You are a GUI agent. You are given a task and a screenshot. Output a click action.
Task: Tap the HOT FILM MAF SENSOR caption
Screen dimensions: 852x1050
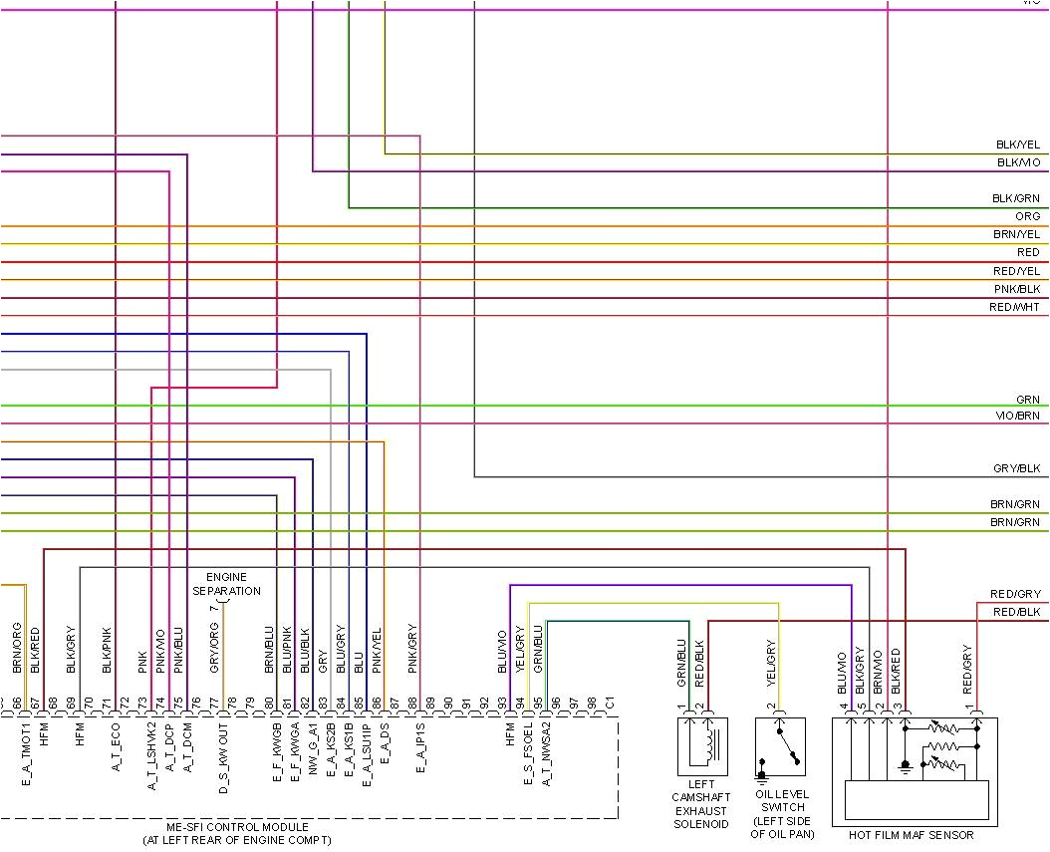tap(911, 835)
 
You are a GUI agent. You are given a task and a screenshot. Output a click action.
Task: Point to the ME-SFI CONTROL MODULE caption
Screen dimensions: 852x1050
tap(237, 834)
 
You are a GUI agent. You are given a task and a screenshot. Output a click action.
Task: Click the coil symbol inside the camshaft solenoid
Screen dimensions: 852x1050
tap(708, 740)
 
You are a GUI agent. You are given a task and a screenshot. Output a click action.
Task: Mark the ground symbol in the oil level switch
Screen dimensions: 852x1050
tap(763, 773)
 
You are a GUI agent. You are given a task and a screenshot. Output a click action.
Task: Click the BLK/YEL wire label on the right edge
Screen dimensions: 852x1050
tap(1017, 144)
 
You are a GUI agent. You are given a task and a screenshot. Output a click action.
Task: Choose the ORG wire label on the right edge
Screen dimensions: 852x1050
tap(1027, 216)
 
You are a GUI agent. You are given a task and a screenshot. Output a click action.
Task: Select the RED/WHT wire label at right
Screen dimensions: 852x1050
tap(1015, 307)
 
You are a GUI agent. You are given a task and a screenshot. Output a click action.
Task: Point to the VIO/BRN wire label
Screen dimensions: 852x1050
tap(1017, 416)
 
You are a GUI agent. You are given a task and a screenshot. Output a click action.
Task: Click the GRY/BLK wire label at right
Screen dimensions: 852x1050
tap(1017, 468)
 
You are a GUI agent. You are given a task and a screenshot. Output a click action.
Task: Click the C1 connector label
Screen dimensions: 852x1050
tap(610, 702)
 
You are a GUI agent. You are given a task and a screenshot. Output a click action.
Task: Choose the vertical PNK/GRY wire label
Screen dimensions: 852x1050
tap(412, 649)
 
